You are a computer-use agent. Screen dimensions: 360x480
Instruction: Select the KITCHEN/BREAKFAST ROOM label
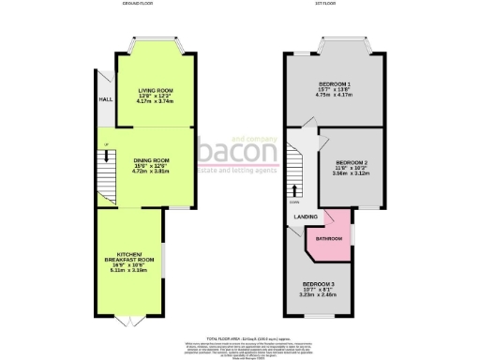coord(128,256)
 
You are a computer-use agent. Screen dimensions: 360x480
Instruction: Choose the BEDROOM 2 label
coord(352,160)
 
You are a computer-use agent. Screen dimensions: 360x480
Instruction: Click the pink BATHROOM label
coord(328,239)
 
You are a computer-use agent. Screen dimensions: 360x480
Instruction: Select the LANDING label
coord(305,217)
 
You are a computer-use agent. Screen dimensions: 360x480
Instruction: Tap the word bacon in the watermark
coord(235,152)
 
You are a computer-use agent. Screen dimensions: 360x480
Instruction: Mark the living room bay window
coord(155,43)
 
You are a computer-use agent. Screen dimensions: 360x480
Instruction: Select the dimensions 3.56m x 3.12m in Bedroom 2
coord(352,172)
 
